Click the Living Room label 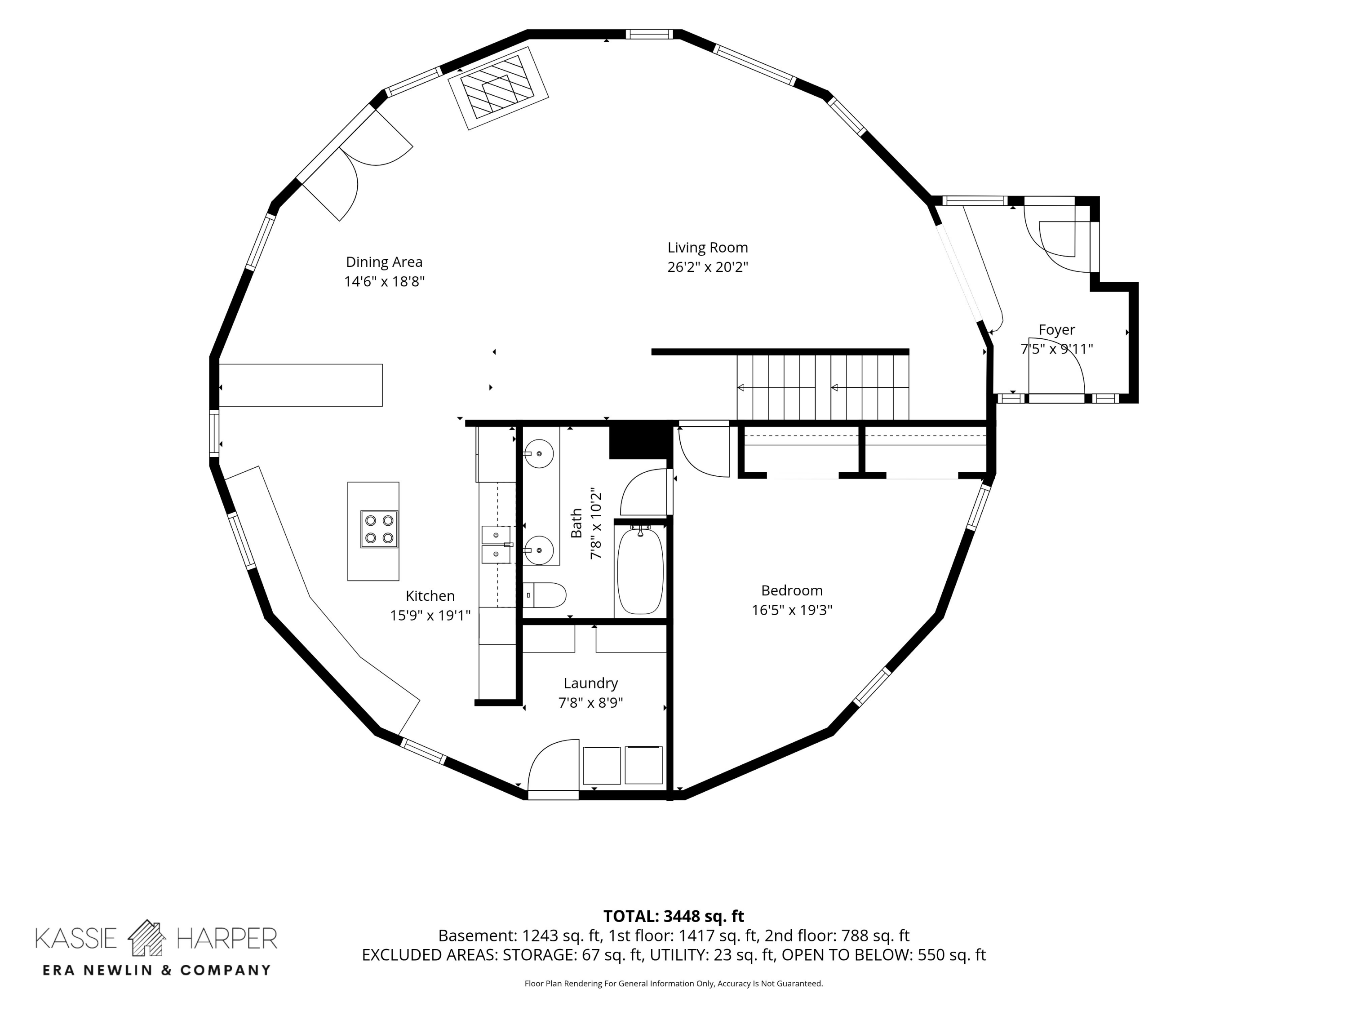(x=708, y=248)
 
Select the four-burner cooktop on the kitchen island (x=379, y=529)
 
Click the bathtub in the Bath (x=640, y=572)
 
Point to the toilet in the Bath (x=545, y=595)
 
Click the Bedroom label (x=792, y=590)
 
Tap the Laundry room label (x=590, y=683)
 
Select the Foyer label (x=1057, y=330)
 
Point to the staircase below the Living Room (x=823, y=387)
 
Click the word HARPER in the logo (x=226, y=939)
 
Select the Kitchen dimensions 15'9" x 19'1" (x=430, y=616)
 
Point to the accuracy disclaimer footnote (x=674, y=984)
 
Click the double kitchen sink (x=497, y=545)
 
